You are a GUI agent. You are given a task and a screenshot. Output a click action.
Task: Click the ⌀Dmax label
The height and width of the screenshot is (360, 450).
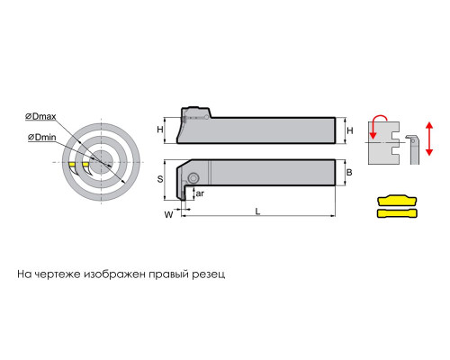click(40, 116)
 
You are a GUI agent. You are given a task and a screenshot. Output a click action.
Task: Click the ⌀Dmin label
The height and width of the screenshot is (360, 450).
click(42, 138)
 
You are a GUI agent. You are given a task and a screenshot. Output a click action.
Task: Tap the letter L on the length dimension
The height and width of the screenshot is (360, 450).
click(257, 211)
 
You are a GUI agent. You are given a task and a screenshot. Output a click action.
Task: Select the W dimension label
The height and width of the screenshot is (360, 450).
click(168, 214)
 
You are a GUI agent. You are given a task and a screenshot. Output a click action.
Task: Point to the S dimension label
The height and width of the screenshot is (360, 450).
click(160, 179)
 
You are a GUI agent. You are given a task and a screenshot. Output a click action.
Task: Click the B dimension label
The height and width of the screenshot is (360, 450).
click(349, 172)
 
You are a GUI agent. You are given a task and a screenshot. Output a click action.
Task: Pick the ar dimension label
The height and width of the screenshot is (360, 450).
click(200, 193)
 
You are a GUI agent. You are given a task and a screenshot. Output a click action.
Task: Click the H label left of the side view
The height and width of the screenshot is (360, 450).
click(160, 130)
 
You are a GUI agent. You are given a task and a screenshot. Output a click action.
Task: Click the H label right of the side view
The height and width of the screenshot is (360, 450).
click(350, 130)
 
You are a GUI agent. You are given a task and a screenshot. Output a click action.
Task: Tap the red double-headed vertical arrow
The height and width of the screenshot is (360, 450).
click(429, 139)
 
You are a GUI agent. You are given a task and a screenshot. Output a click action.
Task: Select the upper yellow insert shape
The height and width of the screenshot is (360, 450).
click(397, 200)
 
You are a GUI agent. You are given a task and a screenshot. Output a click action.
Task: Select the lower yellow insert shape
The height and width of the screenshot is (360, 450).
click(397, 213)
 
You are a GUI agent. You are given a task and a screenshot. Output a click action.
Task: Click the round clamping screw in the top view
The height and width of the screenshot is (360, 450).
click(193, 178)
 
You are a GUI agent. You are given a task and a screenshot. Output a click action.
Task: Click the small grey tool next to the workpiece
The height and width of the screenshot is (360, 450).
click(413, 149)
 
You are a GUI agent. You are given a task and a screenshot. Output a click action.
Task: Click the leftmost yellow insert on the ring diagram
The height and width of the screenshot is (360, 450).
click(72, 165)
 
